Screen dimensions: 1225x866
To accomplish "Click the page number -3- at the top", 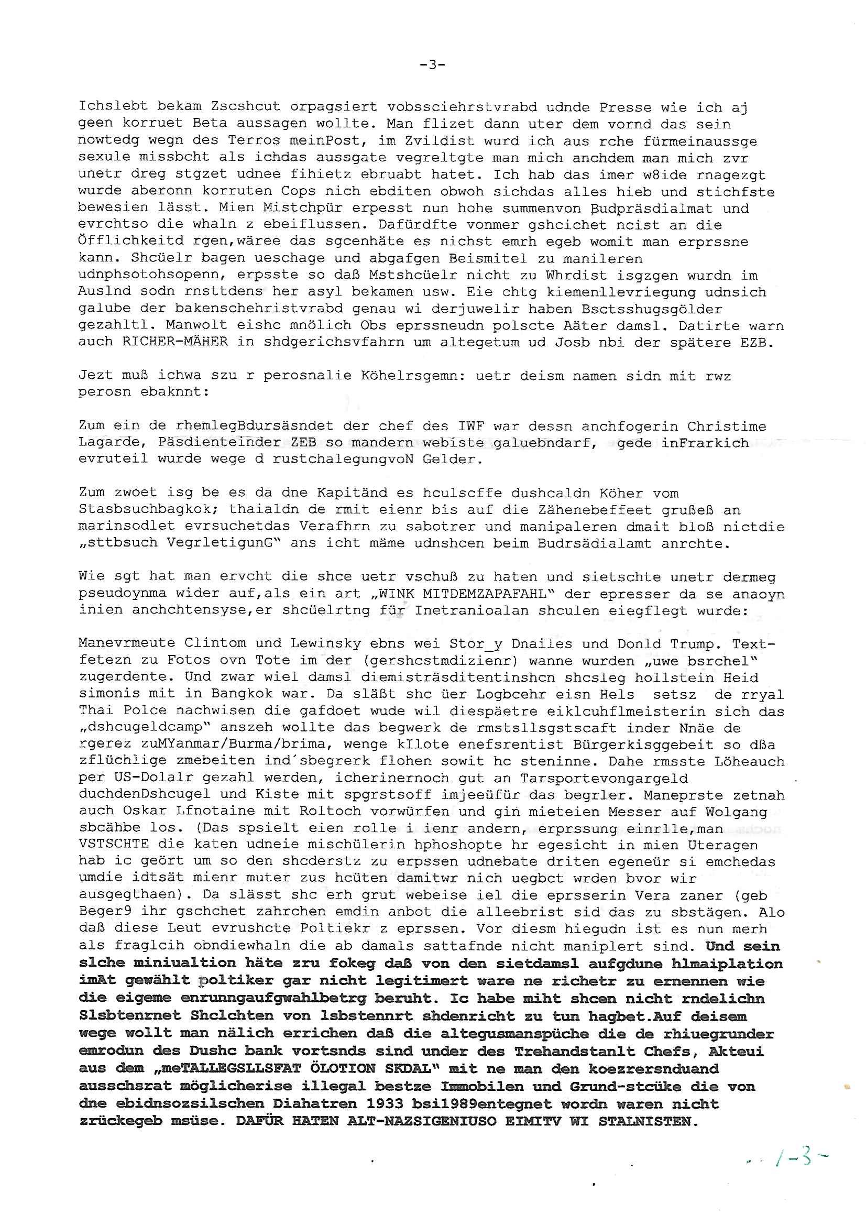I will coord(432,65).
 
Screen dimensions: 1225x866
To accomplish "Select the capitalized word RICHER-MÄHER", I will coord(175,342).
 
